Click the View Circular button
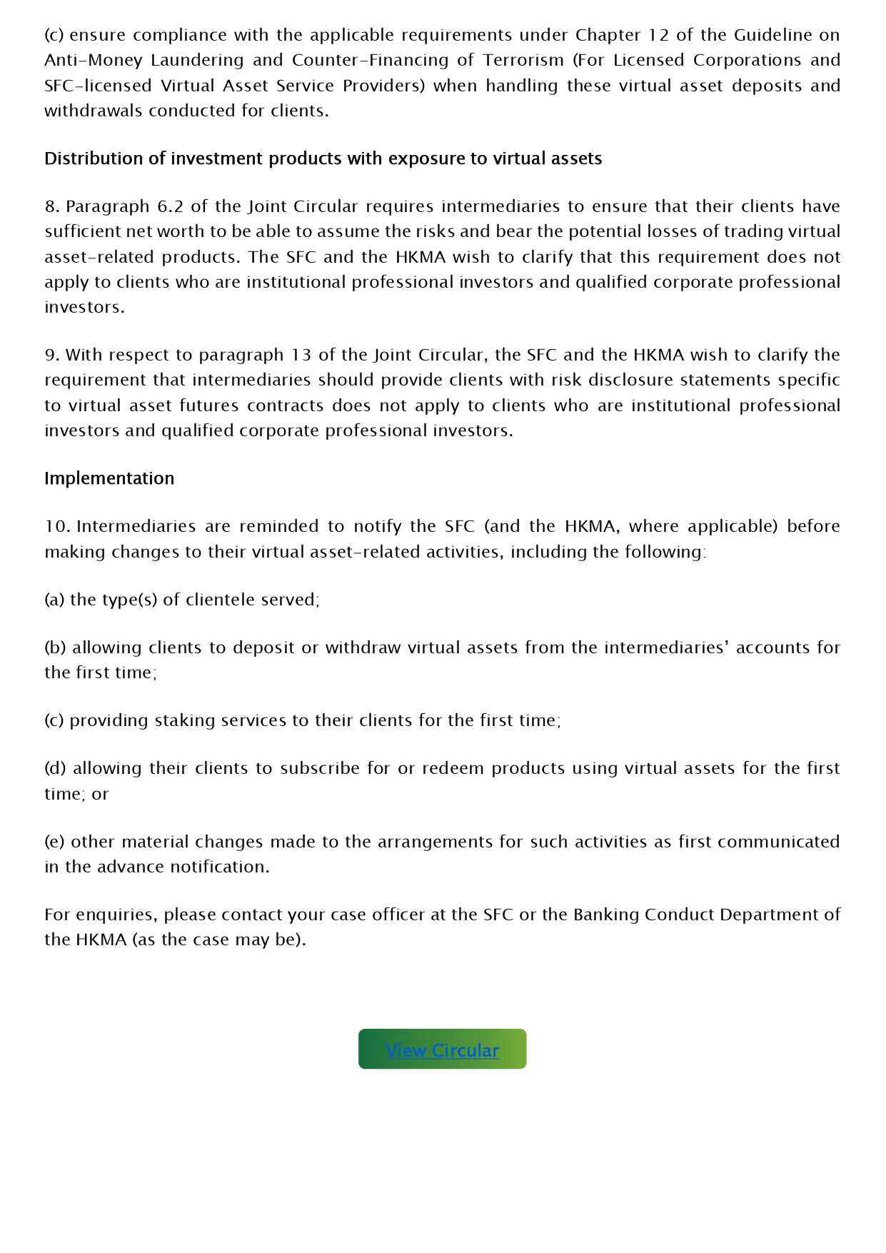(x=442, y=1050)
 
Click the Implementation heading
(x=109, y=478)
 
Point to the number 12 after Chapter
(x=658, y=35)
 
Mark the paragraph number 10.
(x=56, y=526)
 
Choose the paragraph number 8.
(x=52, y=206)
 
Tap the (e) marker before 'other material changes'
(x=54, y=842)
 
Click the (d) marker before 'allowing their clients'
(x=55, y=768)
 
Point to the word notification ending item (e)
(x=219, y=867)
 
